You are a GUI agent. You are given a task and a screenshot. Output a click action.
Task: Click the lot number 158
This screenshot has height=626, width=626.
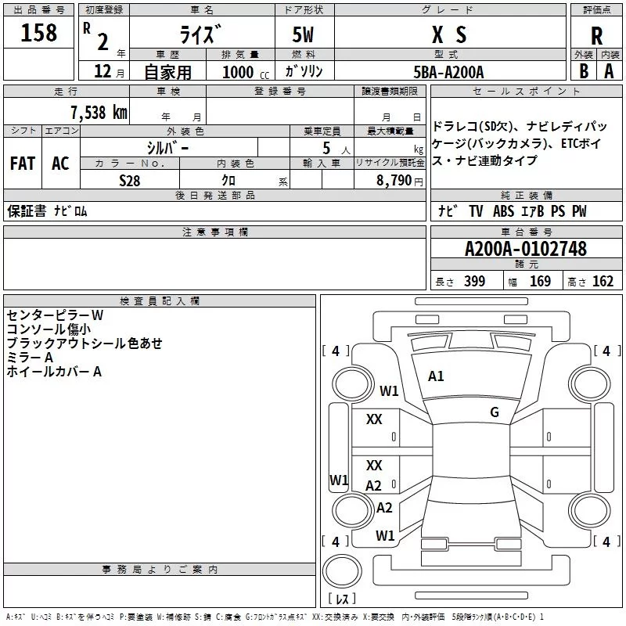[x=39, y=33]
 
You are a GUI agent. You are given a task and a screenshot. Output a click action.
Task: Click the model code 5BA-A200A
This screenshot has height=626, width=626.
[x=448, y=72]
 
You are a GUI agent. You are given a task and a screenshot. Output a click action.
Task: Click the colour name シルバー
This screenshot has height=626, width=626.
[x=167, y=147]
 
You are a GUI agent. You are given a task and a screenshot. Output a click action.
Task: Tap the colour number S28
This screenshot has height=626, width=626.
[x=130, y=179]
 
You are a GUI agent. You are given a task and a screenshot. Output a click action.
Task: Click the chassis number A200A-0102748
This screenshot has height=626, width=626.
[x=525, y=249]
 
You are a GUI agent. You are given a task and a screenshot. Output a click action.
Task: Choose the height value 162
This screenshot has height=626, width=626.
[x=603, y=282]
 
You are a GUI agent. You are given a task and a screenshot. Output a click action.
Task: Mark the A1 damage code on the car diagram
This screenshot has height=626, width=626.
[x=436, y=376]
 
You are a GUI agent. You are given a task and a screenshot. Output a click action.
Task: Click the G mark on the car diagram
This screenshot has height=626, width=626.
[x=495, y=412]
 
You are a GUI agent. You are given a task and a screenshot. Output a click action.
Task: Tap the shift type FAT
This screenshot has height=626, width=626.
[x=22, y=164]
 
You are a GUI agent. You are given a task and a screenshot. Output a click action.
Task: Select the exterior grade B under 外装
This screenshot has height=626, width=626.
[x=583, y=71]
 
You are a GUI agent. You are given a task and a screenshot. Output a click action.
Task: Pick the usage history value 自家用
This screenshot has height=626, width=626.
[x=167, y=72]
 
